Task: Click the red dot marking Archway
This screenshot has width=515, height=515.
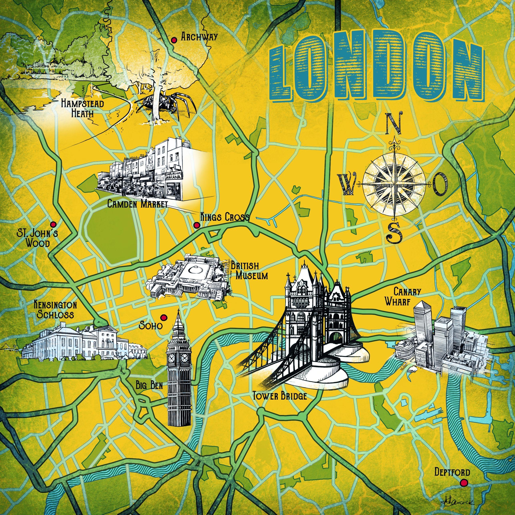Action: click(x=174, y=40)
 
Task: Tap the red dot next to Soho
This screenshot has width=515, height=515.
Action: click(x=164, y=317)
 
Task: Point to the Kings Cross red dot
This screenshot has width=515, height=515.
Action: click(x=197, y=225)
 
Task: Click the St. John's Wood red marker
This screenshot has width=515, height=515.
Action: click(x=54, y=224)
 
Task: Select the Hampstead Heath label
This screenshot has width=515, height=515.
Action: click(x=82, y=108)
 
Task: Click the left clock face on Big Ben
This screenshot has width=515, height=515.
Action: click(x=172, y=357)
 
